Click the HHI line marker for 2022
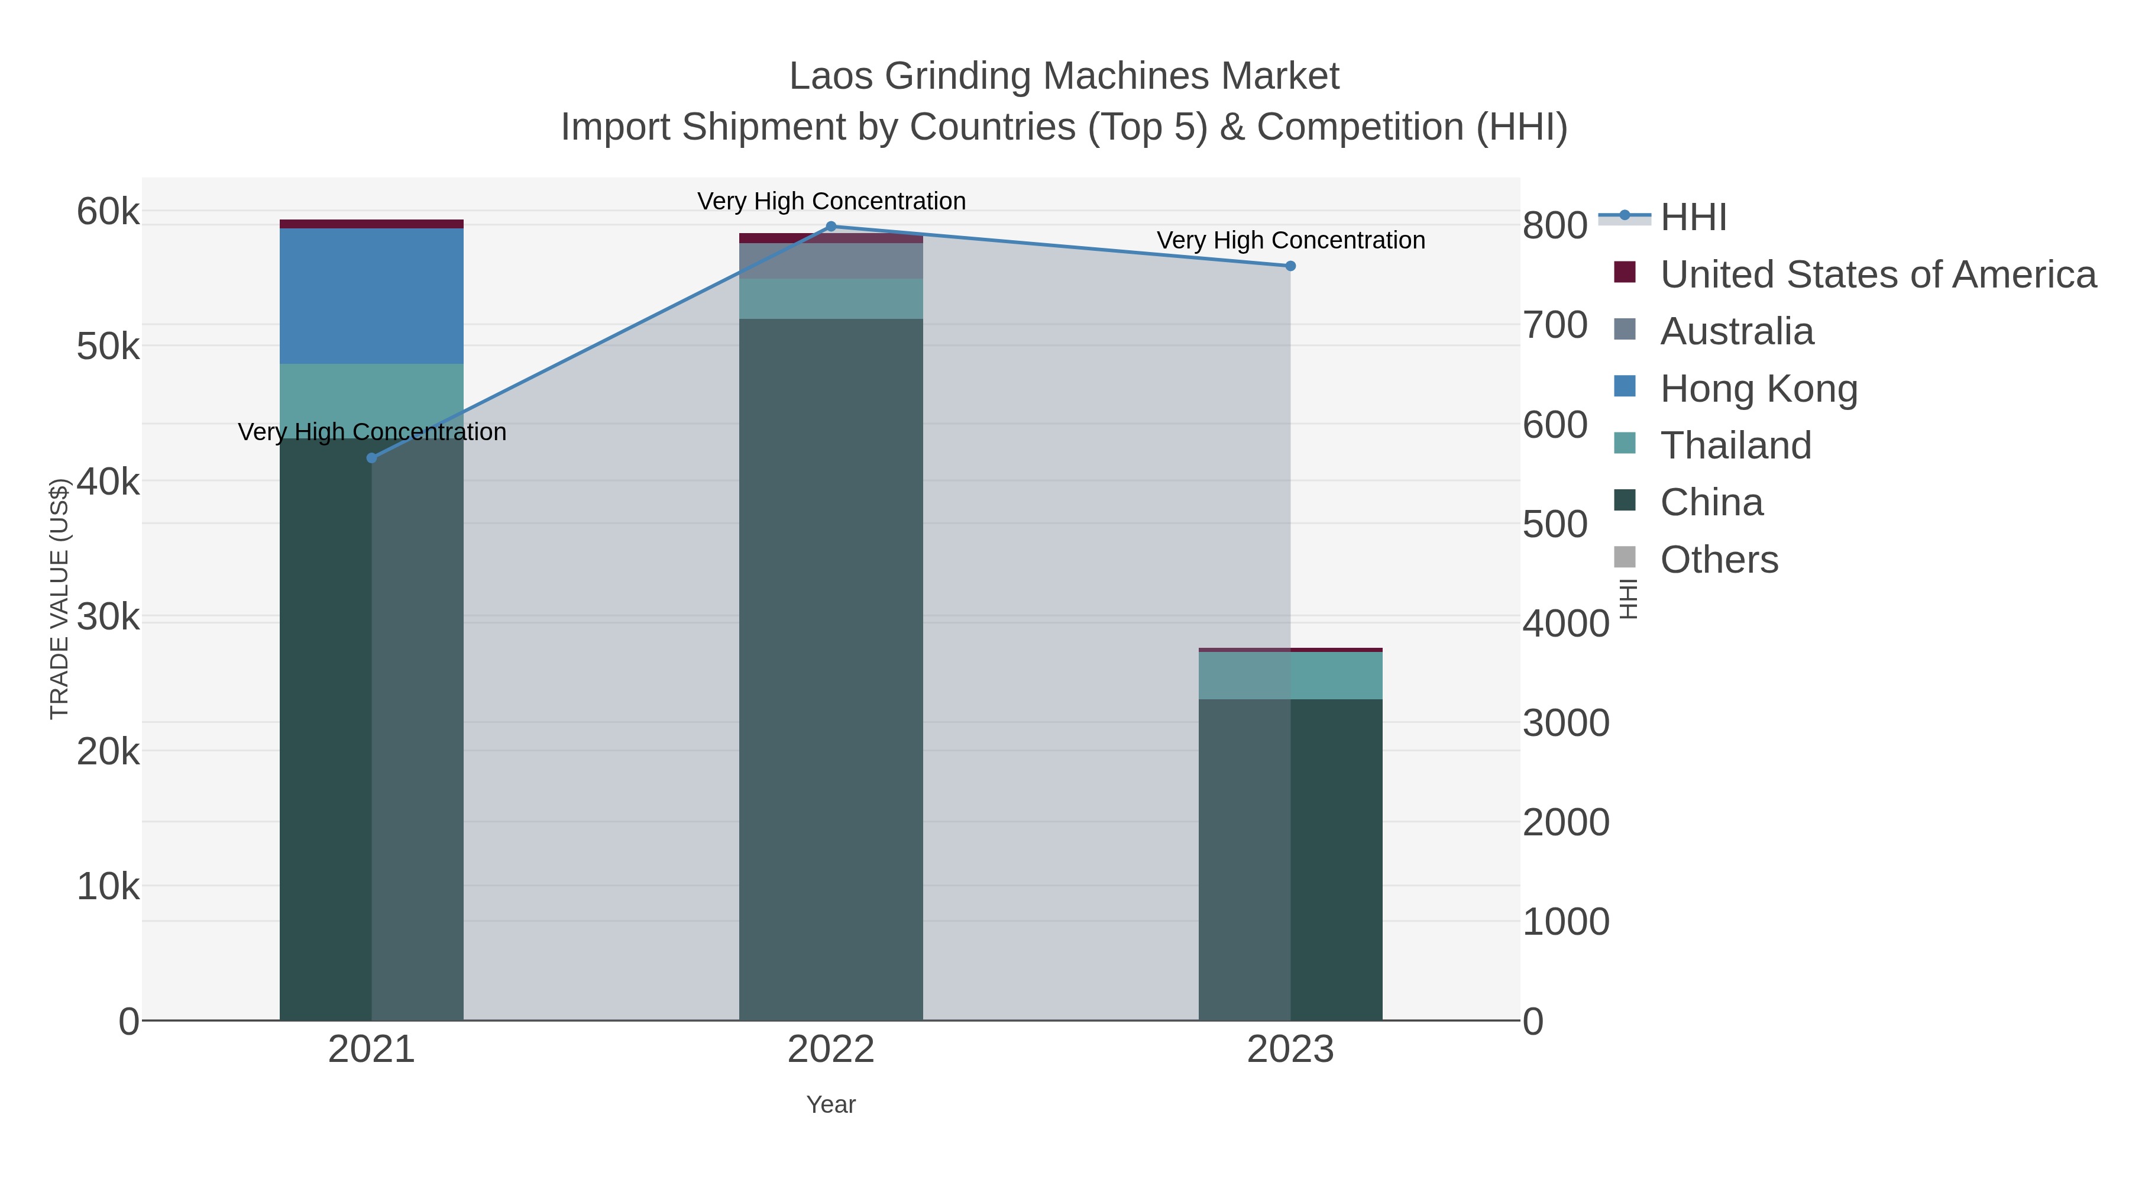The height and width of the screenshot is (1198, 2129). point(831,227)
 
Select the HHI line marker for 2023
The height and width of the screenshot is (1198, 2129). point(1290,266)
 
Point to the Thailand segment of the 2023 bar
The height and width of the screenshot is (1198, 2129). point(1290,676)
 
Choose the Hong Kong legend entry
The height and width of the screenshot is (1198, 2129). point(1758,389)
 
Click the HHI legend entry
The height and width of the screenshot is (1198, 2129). point(1693,218)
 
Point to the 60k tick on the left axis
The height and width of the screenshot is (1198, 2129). point(108,212)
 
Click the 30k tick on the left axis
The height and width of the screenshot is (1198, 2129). point(108,617)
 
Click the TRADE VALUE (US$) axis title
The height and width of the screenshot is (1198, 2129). point(60,599)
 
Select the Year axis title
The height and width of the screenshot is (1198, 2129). point(831,1105)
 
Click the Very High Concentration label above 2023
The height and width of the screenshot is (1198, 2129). point(1290,241)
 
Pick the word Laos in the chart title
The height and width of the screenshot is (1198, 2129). point(831,76)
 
